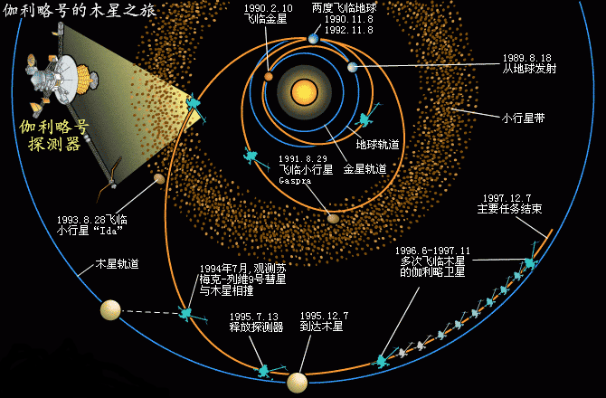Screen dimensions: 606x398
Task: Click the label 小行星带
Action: click(523, 117)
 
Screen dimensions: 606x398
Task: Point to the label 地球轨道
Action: click(378, 143)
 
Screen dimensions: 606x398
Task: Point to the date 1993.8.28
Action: click(80, 219)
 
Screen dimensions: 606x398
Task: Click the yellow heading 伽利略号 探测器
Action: click(54, 135)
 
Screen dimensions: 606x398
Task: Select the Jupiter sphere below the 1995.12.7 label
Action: click(298, 383)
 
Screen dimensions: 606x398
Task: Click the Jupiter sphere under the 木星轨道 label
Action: click(110, 310)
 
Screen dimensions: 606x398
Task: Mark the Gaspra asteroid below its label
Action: click(334, 216)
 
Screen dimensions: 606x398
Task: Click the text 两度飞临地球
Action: click(344, 7)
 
